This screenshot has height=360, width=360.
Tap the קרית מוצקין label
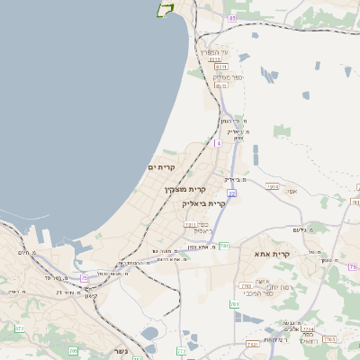(185, 190)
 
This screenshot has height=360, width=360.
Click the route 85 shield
(232, 18)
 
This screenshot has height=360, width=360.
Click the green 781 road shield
(225, 245)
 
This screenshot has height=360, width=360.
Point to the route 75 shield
(86, 279)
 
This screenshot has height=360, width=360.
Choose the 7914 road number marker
(273, 186)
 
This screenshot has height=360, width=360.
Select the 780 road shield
(234, 304)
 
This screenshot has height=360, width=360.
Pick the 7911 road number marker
(190, 223)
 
